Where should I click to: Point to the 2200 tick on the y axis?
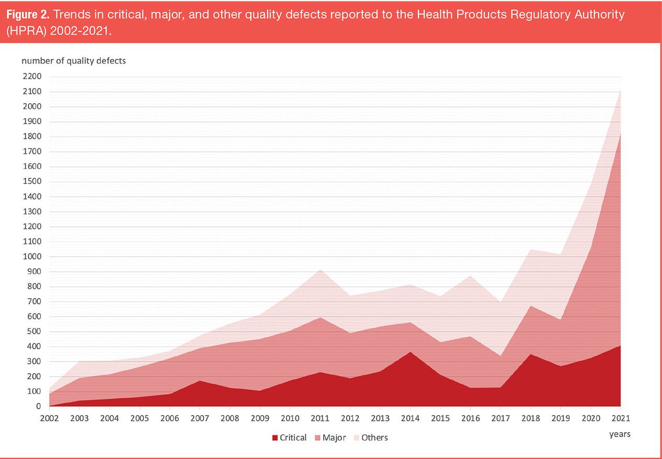(x=32, y=76)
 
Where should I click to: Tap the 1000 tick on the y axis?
(x=32, y=257)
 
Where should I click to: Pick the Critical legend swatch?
(x=275, y=438)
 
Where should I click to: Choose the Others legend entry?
(x=374, y=438)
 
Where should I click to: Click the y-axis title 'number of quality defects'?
(x=74, y=61)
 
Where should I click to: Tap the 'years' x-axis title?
(x=620, y=434)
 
